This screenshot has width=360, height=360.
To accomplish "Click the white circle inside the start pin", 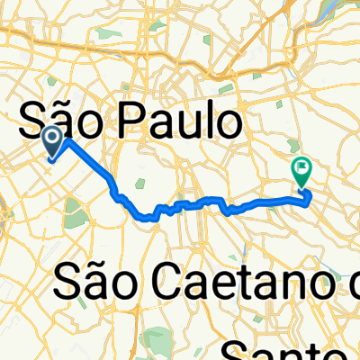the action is [52, 137].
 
